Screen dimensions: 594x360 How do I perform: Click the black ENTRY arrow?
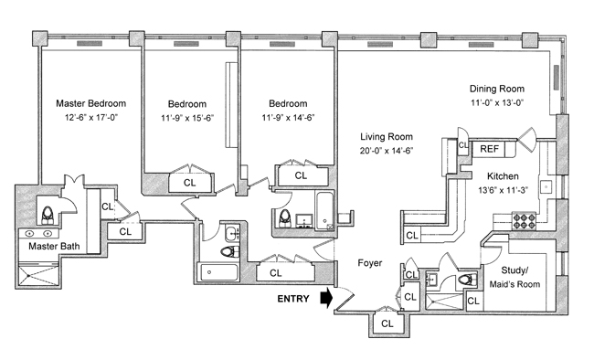pyautogui.click(x=326, y=298)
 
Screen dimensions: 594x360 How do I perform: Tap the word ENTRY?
pyautogui.click(x=293, y=299)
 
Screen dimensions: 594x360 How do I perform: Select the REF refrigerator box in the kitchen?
pyautogui.click(x=490, y=149)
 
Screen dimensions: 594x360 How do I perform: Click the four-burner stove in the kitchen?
pyautogui.click(x=524, y=221)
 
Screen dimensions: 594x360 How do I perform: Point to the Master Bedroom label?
pyautogui.click(x=90, y=103)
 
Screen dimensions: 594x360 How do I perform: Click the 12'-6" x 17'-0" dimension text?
pyautogui.click(x=91, y=118)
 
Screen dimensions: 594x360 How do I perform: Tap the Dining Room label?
pyautogui.click(x=497, y=89)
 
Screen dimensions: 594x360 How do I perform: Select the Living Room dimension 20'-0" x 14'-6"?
pyautogui.click(x=387, y=151)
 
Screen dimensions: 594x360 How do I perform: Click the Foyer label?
pyautogui.click(x=370, y=262)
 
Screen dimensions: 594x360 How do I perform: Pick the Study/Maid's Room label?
pyautogui.click(x=514, y=277)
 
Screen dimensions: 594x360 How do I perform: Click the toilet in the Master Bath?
pyautogui.click(x=48, y=215)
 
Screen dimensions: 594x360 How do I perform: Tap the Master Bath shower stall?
pyautogui.click(x=38, y=275)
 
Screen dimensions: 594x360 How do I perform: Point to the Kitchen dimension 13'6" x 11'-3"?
pyautogui.click(x=503, y=190)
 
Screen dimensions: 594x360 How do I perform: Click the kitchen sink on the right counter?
pyautogui.click(x=546, y=186)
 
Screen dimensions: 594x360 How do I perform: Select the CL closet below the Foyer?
pyautogui.click(x=387, y=323)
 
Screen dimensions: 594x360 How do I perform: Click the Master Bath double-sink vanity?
pyautogui.click(x=38, y=233)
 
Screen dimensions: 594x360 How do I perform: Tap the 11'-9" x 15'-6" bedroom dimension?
pyautogui.click(x=187, y=118)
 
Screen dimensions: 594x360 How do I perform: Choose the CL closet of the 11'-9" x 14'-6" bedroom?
pyautogui.click(x=302, y=175)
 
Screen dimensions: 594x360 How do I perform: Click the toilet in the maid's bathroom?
pyautogui.click(x=468, y=280)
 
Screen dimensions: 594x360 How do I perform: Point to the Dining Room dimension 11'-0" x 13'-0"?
pyautogui.click(x=497, y=102)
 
